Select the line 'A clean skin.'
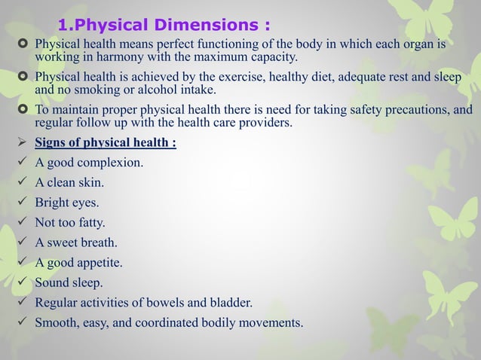72,182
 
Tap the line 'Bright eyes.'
67,203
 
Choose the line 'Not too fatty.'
70,223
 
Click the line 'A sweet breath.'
76,243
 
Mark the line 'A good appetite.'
78,264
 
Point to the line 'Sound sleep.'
69,284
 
